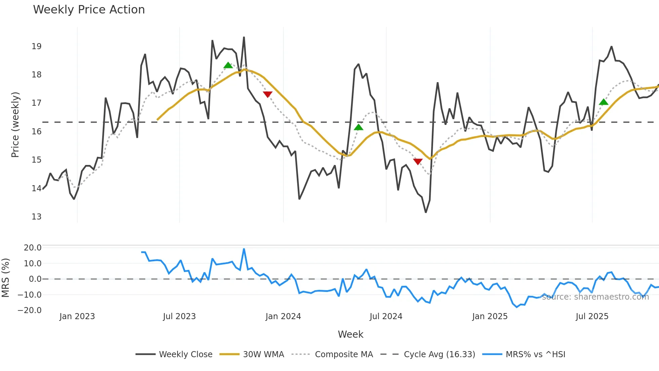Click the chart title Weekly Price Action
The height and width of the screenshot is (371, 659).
[89, 10]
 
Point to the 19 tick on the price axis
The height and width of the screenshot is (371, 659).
[36, 46]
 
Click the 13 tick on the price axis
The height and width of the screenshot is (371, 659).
[36, 217]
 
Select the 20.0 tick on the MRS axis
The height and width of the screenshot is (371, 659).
[32, 248]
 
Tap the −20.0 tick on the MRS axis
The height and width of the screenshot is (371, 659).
[30, 310]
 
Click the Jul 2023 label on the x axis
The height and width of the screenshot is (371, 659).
[179, 317]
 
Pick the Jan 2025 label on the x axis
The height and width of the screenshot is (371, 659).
[490, 317]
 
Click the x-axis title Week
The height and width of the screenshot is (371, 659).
[350, 335]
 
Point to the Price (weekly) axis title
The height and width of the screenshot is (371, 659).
[15, 125]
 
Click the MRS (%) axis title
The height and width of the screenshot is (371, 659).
[5, 278]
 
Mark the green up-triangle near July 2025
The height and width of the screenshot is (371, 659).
[604, 102]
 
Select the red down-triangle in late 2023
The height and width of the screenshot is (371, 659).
[268, 94]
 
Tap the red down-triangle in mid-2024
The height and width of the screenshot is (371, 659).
[418, 162]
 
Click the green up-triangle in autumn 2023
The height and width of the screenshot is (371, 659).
[228, 65]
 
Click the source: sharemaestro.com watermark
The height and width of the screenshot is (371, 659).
[595, 297]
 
